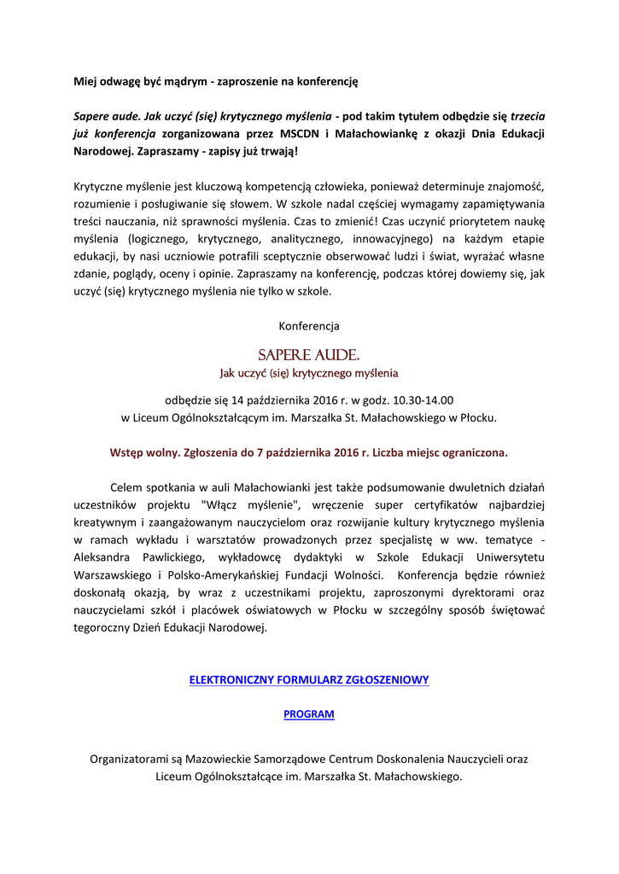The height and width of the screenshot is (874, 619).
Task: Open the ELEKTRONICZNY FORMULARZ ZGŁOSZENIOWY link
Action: [309, 679]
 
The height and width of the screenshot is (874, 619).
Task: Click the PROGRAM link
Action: [309, 714]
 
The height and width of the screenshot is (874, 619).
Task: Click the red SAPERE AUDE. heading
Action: [309, 354]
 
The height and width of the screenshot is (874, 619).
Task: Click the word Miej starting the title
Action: [85, 82]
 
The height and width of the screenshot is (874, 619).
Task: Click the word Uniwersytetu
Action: [506, 556]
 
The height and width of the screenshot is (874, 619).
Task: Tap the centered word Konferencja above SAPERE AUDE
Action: [309, 326]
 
